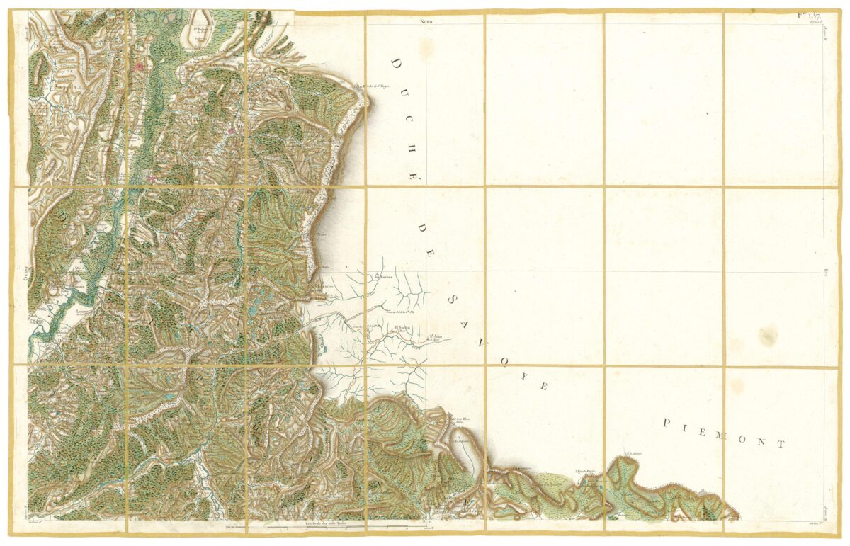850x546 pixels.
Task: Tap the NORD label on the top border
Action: [426, 23]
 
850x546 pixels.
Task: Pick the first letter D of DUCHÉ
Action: [395, 64]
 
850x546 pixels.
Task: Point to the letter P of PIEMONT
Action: [666, 423]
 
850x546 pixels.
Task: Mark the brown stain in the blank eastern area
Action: [768, 333]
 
